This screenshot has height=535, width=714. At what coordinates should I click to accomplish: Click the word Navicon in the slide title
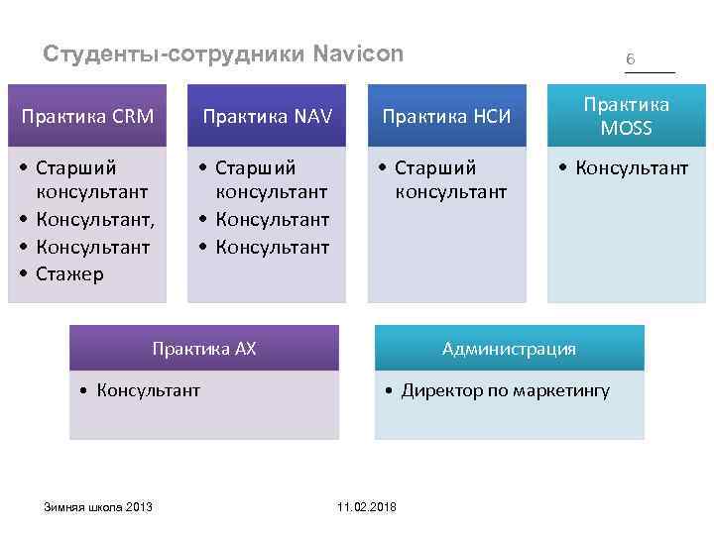(358, 53)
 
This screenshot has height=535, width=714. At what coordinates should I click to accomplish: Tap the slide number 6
(630, 59)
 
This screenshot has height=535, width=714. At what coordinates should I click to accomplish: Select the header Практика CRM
(88, 117)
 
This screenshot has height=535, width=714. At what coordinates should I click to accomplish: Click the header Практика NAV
(266, 117)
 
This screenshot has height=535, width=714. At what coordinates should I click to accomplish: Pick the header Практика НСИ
(446, 117)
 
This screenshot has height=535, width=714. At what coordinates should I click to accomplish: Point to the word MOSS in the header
(626, 128)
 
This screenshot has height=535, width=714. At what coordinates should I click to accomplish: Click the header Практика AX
(203, 348)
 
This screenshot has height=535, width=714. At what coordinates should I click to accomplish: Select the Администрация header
(509, 348)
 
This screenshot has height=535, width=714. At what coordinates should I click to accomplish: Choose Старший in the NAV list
(255, 167)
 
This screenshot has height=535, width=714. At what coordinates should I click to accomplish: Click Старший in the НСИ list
(435, 167)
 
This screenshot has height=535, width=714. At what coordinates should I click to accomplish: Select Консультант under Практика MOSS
(633, 167)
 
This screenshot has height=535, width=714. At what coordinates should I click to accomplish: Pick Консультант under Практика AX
(148, 390)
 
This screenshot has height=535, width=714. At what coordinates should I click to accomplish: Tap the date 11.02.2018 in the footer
(366, 506)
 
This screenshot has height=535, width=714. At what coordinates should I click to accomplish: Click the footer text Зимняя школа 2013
(97, 506)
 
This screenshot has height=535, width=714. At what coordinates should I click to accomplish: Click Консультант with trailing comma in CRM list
(96, 220)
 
